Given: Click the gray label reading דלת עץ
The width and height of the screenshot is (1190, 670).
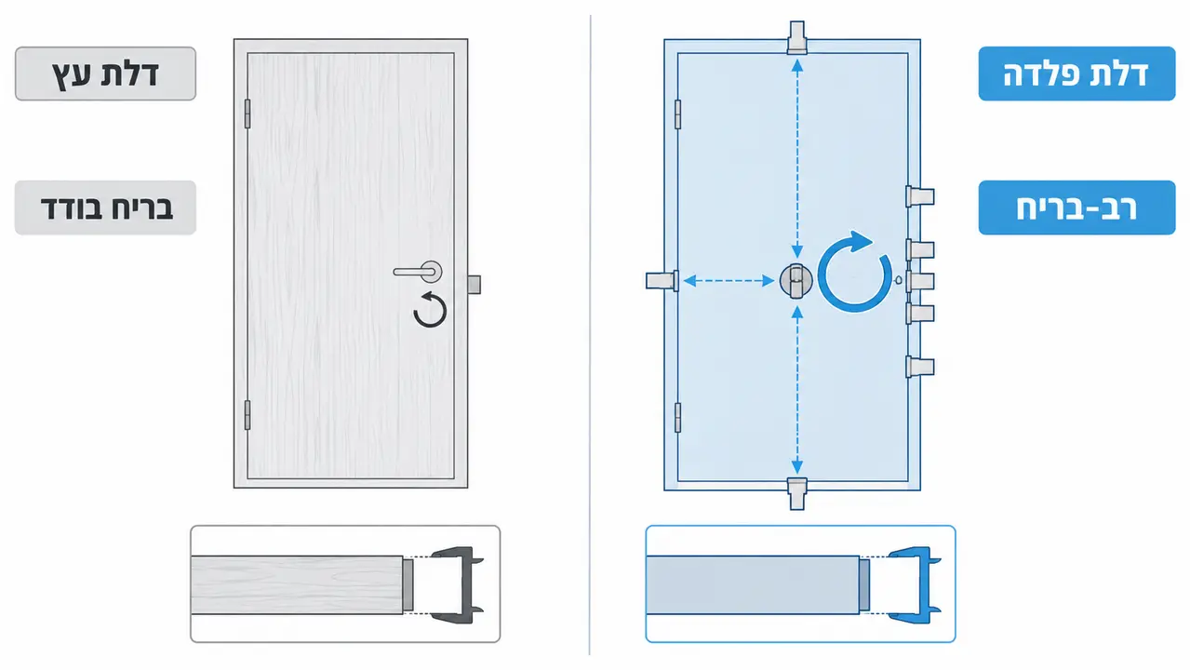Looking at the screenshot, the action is (x=105, y=74).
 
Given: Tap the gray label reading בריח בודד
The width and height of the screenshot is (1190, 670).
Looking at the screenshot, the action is (x=105, y=208).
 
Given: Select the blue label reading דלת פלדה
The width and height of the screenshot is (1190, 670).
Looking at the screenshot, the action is (x=1076, y=74).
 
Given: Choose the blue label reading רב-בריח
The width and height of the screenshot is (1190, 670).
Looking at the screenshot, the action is (x=1076, y=208).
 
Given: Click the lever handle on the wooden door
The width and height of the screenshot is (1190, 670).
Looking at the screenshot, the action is (x=418, y=272).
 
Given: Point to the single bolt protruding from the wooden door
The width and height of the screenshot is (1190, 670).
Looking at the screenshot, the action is (x=475, y=284).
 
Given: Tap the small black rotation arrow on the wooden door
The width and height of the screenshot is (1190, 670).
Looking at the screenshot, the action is (x=430, y=309).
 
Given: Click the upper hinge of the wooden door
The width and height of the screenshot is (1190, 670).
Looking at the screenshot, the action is (x=247, y=114).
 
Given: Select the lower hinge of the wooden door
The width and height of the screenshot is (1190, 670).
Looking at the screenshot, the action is (x=247, y=415).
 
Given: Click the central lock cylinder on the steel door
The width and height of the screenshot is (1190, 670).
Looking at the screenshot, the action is (x=796, y=280).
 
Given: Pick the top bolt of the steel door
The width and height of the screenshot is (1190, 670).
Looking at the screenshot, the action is (x=796, y=38).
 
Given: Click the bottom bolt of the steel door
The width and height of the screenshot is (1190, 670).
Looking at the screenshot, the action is (x=796, y=493).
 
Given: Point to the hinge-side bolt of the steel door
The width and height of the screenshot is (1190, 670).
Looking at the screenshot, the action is (x=662, y=280).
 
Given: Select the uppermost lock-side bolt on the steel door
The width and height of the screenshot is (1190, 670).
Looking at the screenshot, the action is (x=920, y=196).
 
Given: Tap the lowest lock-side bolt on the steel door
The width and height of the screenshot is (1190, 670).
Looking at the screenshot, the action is (x=920, y=367).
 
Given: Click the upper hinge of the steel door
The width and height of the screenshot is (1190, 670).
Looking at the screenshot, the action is (x=678, y=114).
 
